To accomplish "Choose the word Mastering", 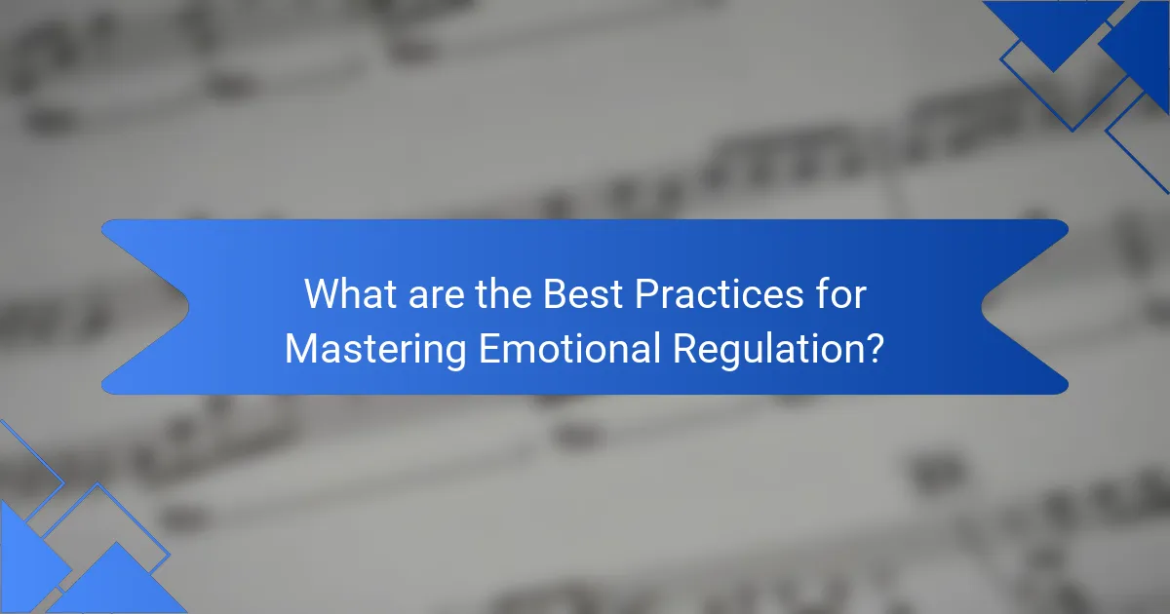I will [x=375, y=349].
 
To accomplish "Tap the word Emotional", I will [x=566, y=349].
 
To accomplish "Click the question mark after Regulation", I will [x=875, y=349].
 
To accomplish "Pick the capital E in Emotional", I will [x=488, y=349].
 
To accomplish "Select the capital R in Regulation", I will [x=681, y=349].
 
